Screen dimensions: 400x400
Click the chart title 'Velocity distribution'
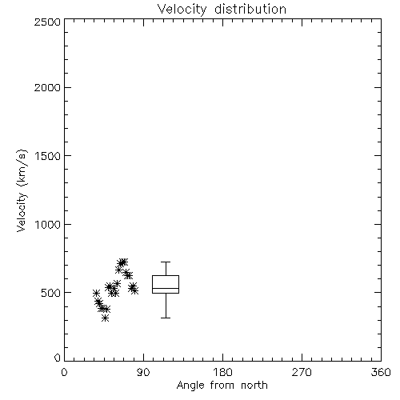(222, 10)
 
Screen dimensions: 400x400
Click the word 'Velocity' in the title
(182, 10)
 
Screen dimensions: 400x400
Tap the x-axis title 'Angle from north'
(222, 386)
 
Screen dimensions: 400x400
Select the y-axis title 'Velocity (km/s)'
(22, 190)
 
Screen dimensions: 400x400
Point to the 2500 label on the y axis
(47, 22)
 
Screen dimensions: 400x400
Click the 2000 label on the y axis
(47, 87)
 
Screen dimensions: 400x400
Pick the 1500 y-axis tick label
(48, 156)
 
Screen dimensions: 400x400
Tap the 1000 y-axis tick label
(48, 224)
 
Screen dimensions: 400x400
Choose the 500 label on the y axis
(51, 293)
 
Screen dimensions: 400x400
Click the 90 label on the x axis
(143, 372)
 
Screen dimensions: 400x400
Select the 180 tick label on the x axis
(222, 372)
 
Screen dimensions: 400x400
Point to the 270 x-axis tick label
(302, 372)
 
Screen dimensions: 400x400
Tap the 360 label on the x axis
(381, 372)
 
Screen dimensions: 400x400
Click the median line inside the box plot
(166, 288)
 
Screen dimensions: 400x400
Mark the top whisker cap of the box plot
(166, 262)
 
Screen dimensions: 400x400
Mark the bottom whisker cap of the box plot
(166, 318)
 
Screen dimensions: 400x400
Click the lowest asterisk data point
(106, 318)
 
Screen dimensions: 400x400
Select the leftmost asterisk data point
(96, 294)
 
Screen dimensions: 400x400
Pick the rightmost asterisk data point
(134, 290)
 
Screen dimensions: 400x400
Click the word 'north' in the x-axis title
(254, 386)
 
